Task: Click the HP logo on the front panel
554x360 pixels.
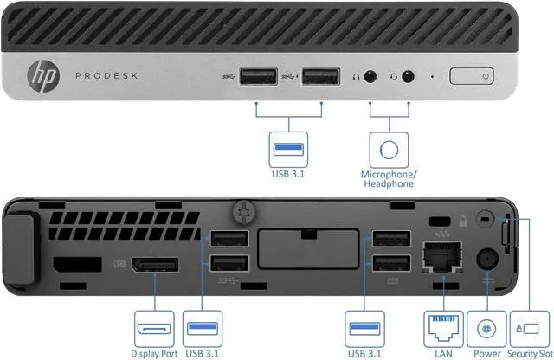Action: tap(42, 77)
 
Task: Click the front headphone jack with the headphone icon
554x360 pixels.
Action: tap(371, 76)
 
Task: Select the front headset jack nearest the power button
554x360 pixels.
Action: tap(408, 76)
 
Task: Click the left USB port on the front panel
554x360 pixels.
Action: tap(256, 77)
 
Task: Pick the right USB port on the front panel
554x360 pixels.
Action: tap(320, 77)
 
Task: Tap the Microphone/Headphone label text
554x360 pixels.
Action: tap(388, 178)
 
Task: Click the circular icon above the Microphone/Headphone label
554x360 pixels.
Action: tap(389, 148)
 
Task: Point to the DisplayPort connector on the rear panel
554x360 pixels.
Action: tap(156, 263)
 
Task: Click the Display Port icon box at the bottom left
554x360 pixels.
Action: tap(155, 329)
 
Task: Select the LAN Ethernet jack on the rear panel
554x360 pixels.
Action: tap(441, 256)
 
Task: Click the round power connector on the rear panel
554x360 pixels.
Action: tap(486, 258)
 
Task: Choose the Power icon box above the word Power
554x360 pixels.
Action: tap(486, 329)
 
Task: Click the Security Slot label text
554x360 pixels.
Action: tap(531, 353)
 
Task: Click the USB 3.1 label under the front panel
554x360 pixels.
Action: tap(288, 171)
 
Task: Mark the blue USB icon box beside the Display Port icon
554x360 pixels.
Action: tap(203, 329)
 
